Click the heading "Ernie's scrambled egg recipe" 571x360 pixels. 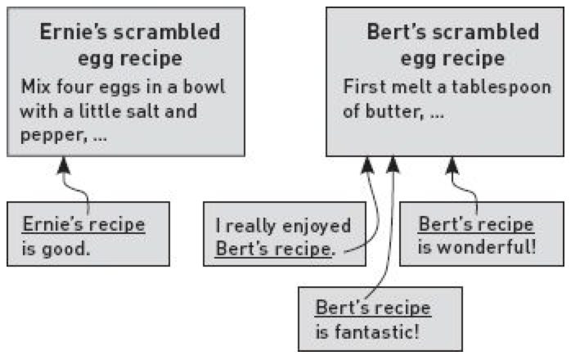pyautogui.click(x=130, y=45)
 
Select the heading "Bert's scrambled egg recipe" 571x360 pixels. pyautogui.click(x=452, y=45)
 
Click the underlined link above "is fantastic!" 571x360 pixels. pyautogui.click(x=373, y=309)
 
